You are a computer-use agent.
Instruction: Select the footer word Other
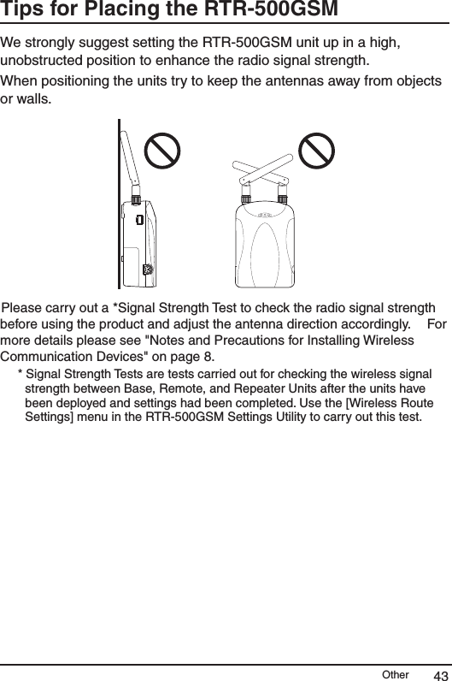coord(395,674)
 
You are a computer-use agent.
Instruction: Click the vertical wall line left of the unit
coord(119,205)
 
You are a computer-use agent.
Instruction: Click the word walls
coord(35,101)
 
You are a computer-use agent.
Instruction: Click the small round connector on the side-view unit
coord(146,269)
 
